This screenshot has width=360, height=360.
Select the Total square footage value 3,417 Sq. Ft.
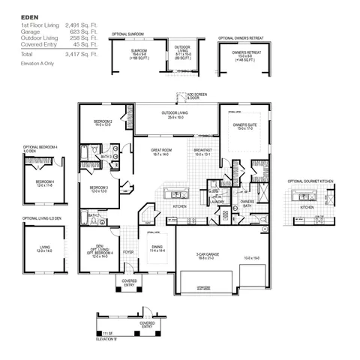pos(82,55)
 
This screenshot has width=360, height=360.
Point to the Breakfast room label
pos(202,150)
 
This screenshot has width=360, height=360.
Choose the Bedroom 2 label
pos(103,121)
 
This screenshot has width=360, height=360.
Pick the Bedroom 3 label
pos(99,187)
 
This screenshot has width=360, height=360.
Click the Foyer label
pos(128,252)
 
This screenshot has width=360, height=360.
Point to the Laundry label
pos(218,201)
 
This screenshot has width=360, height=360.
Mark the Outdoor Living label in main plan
pos(175,114)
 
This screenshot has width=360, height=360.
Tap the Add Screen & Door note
pos(198,96)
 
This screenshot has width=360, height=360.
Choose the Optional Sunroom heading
pos(127,34)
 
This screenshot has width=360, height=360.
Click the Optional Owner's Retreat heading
pos(244,37)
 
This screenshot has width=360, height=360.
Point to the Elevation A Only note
pos(37,65)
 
